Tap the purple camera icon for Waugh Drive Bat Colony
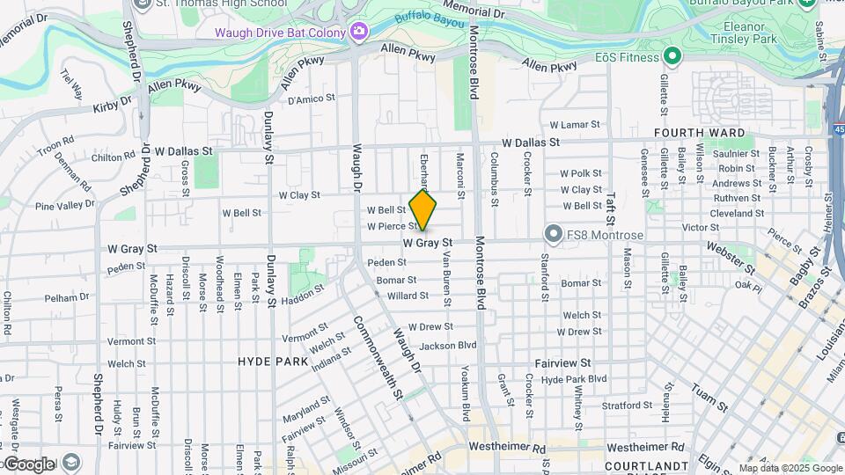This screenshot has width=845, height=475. (358, 33)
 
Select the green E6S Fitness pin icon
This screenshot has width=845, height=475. (672, 57)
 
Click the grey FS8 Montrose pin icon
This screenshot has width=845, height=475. (553, 234)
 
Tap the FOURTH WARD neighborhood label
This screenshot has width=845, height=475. (700, 134)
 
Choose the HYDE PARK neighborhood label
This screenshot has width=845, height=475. (273, 362)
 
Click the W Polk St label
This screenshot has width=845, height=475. (581, 174)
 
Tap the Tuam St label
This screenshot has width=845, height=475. (709, 398)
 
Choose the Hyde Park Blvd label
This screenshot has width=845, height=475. (574, 379)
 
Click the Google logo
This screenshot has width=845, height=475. (28, 464)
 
